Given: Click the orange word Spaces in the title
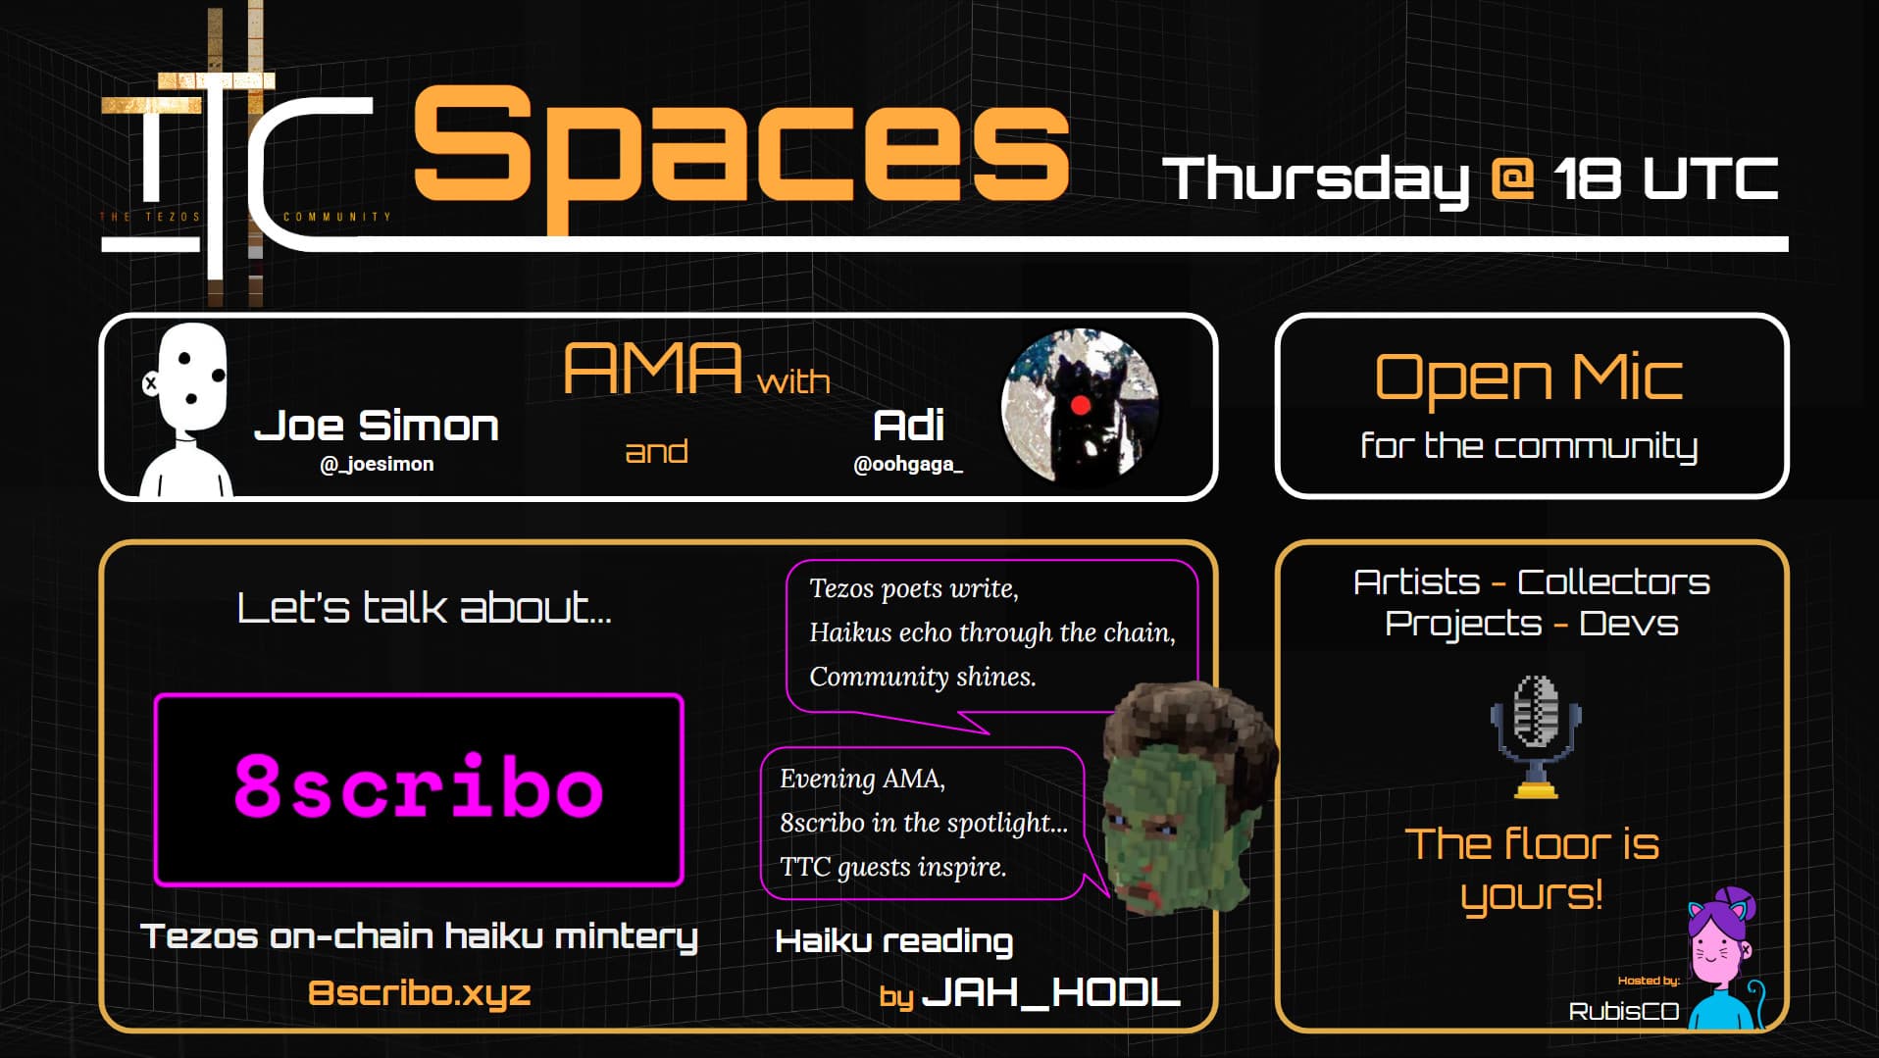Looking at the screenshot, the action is [x=740, y=157].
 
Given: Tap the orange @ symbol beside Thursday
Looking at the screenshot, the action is [x=1511, y=179].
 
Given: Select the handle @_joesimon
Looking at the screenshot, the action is [x=377, y=464].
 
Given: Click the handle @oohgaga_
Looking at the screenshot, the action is [x=908, y=464].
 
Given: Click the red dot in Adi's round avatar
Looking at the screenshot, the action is [x=1080, y=405].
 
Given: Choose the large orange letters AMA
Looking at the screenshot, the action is [x=652, y=369].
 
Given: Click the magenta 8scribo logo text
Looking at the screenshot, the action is [x=419, y=786].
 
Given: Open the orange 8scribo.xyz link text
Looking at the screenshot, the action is [x=420, y=993].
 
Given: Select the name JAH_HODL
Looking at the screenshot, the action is [x=1052, y=992].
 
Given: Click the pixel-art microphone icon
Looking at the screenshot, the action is [x=1536, y=736].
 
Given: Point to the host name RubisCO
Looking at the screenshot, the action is [x=1623, y=1011].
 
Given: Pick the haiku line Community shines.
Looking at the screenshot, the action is [x=922, y=677].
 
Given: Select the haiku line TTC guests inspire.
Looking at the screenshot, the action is [x=892, y=867].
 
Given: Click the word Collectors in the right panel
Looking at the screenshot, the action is [x=1613, y=582].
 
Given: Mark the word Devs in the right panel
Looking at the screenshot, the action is [x=1629, y=624].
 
